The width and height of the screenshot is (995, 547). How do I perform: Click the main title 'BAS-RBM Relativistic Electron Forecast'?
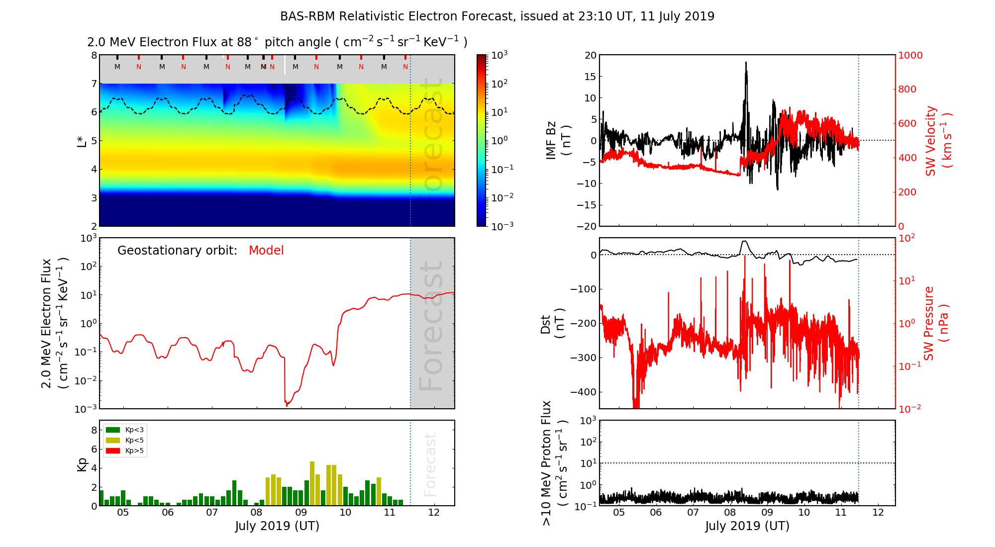pyautogui.click(x=397, y=16)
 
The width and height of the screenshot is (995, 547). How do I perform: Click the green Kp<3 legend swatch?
pyautogui.click(x=113, y=430)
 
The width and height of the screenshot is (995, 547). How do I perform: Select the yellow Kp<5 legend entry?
pyautogui.click(x=113, y=440)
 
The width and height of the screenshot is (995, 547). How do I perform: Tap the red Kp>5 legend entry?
pyautogui.click(x=113, y=451)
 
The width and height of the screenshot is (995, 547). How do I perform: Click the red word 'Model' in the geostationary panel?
pyautogui.click(x=266, y=251)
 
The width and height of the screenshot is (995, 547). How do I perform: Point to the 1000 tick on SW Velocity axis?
pyautogui.click(x=910, y=55)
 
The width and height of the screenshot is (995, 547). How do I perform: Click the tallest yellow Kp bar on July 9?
pyautogui.click(x=312, y=482)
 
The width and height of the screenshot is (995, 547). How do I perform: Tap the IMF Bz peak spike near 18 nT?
pyautogui.click(x=746, y=63)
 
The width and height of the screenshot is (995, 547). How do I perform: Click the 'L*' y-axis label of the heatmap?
pyautogui.click(x=82, y=140)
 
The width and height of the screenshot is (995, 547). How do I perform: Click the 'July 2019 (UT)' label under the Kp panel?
pyautogui.click(x=277, y=526)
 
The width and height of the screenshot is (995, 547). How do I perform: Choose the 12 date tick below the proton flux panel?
pyautogui.click(x=878, y=513)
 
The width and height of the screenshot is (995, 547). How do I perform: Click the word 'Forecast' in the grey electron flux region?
pyautogui.click(x=431, y=326)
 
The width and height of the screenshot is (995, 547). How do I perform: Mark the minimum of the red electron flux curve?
pyautogui.click(x=287, y=405)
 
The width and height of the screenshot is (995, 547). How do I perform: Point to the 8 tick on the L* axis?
pyautogui.click(x=94, y=55)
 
